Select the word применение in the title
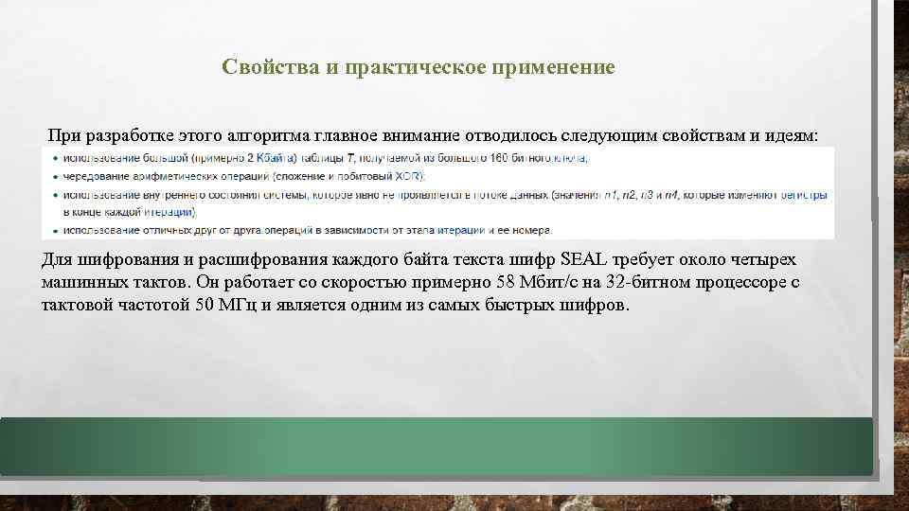pyautogui.click(x=559, y=68)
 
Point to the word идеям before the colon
pyautogui.click(x=793, y=135)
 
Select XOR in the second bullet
pyautogui.click(x=409, y=176)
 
